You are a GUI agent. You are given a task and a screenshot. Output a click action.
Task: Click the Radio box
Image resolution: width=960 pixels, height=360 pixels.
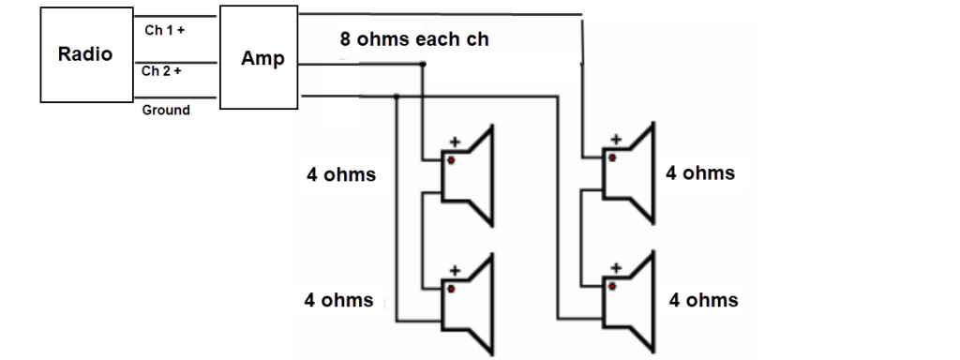click(85, 54)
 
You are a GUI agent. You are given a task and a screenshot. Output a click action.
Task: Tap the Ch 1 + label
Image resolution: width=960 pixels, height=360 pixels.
click(164, 30)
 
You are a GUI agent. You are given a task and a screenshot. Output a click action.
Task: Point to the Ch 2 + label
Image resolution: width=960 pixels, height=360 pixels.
click(162, 71)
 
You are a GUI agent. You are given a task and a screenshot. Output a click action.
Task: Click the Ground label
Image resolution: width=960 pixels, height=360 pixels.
click(166, 110)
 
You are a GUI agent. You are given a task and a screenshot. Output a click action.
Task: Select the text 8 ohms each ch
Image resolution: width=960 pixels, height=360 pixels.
click(414, 40)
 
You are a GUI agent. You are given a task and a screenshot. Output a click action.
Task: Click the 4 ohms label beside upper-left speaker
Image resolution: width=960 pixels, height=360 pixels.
click(341, 175)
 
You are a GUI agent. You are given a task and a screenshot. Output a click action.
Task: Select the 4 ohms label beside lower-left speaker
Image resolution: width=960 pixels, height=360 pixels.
click(338, 301)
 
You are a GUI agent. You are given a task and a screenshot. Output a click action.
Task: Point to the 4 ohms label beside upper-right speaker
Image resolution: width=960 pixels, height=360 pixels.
click(699, 173)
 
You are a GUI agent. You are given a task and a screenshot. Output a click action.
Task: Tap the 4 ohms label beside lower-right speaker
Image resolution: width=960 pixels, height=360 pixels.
click(702, 301)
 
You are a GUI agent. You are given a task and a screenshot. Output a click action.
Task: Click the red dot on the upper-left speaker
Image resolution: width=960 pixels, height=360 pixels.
click(451, 160)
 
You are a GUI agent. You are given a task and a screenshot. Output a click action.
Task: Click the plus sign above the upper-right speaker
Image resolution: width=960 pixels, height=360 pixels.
click(615, 141)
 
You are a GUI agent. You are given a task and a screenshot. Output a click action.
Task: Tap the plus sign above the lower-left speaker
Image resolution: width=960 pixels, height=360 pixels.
click(455, 270)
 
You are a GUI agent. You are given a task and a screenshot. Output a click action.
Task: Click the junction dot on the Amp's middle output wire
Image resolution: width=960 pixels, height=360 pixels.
click(424, 65)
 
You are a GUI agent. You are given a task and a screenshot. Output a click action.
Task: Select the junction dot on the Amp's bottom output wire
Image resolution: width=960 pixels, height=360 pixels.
click(397, 96)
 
